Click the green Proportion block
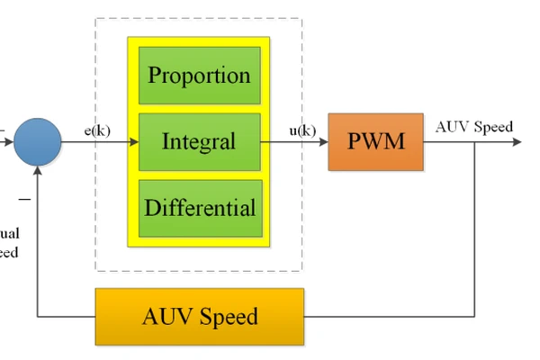pos(199,75)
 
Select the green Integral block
pos(199,141)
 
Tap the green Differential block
pos(199,208)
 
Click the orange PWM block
pos(375,142)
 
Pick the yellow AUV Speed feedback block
pos(200,317)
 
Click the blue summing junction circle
pos(39,142)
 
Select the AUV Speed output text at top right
pos(473,126)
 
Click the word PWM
pos(375,142)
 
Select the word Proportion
pos(199,75)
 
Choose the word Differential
pos(200,208)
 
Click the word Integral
pos(199,141)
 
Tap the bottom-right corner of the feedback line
pos(475,317)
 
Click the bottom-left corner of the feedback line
pos(39,317)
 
